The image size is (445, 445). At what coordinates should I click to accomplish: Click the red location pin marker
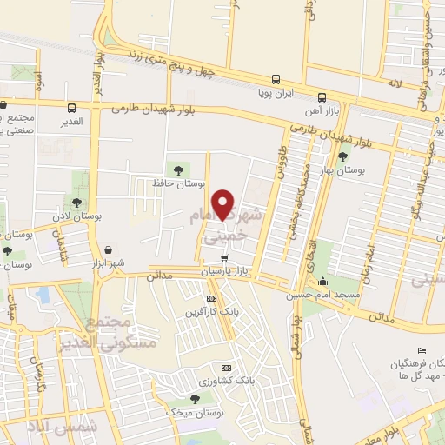[225, 203]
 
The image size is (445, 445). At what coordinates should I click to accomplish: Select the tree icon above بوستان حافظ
[179, 169]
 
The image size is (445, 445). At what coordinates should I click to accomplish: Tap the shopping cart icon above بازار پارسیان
[225, 258]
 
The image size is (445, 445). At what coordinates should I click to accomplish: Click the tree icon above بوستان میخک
[196, 398]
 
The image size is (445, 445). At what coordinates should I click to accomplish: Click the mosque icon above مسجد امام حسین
[323, 281]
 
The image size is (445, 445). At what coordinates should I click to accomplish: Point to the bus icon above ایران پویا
[276, 77]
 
